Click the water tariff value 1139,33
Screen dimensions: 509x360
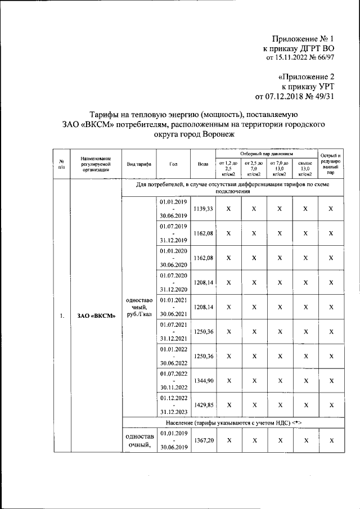coord(202,209)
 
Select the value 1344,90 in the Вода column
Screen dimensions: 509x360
coord(202,381)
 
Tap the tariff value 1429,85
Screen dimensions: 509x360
coord(202,404)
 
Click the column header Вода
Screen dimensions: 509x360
coord(203,164)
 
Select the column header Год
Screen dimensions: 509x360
coord(173,164)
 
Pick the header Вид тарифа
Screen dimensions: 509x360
coord(138,164)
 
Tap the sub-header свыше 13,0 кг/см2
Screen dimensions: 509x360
coord(305,168)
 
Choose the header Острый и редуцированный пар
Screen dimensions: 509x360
coord(331,164)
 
